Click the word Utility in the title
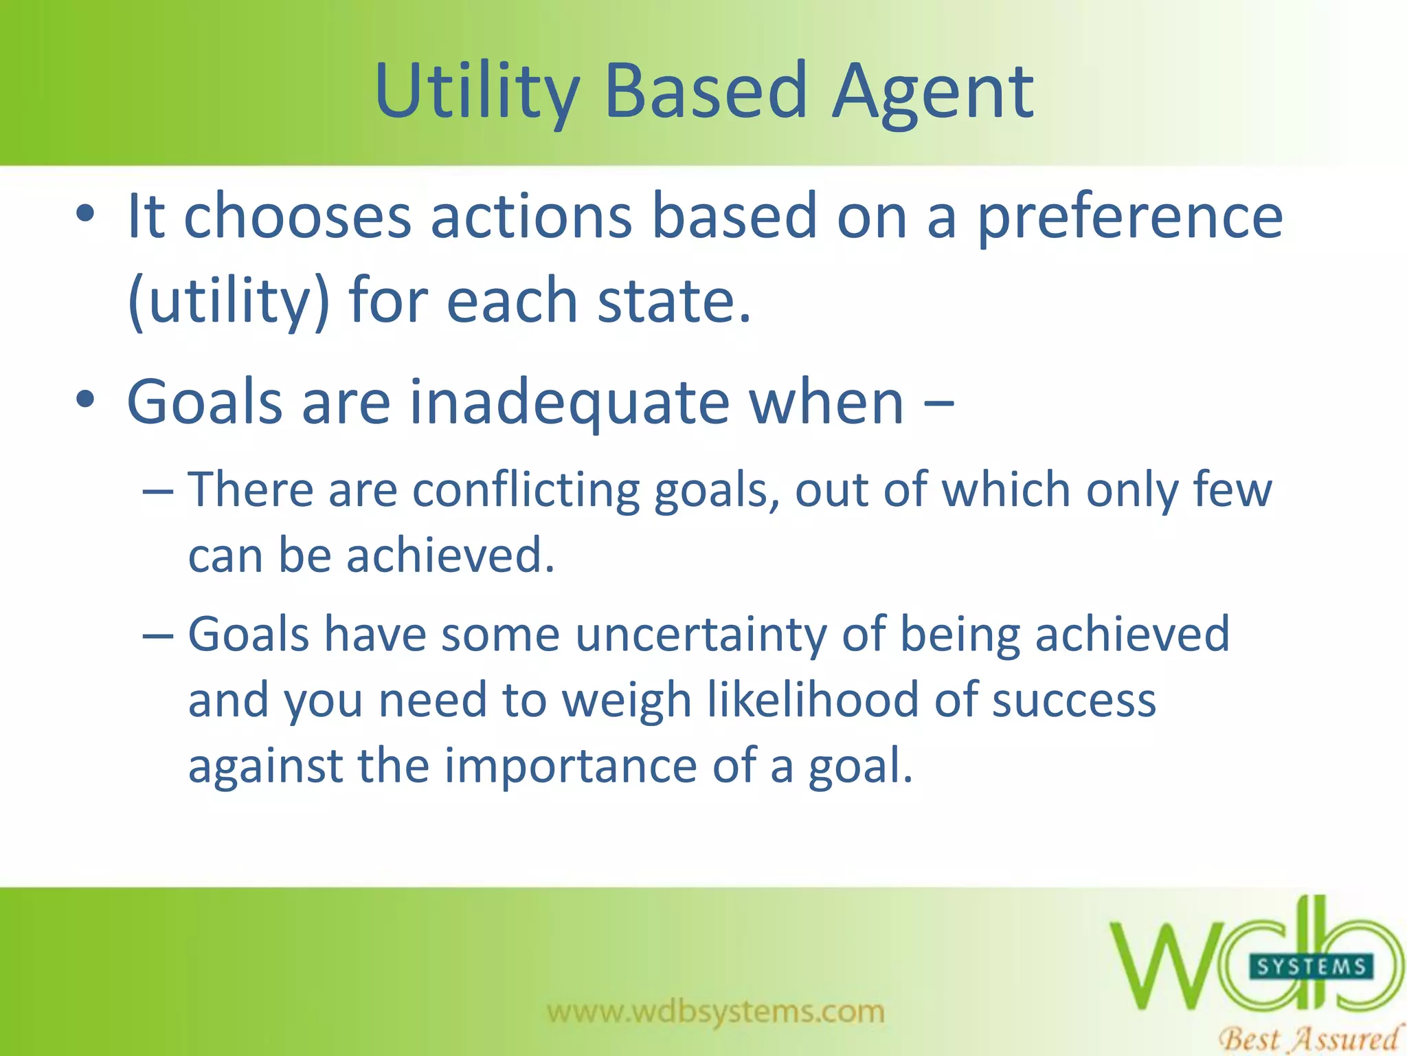pos(477,91)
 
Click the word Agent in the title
pos(932,91)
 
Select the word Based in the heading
pos(706,91)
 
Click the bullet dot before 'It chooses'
pos(85,214)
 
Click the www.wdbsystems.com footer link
pos(715,1011)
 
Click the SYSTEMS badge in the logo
pos(1311,967)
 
